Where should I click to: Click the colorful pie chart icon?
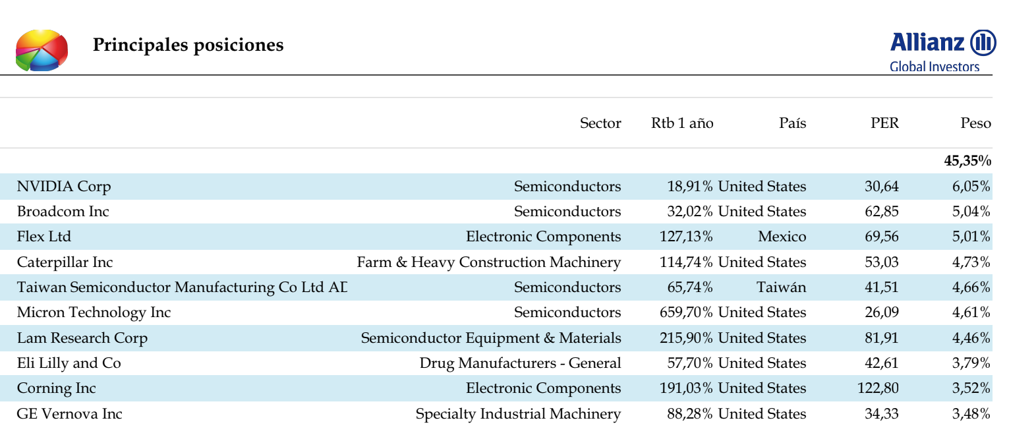[x=42, y=50]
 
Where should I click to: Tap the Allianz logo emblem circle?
[x=983, y=43]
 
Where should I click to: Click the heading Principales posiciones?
[x=188, y=45]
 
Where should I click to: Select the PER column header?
[x=884, y=123]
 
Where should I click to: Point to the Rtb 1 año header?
[x=682, y=123]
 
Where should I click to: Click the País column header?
[x=792, y=123]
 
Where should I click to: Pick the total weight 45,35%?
[x=967, y=161]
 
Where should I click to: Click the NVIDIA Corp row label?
[x=63, y=187]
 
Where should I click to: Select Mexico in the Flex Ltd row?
[x=782, y=237]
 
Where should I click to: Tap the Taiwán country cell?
[x=781, y=287]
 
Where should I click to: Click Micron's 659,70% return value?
[x=686, y=312]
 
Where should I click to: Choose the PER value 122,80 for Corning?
[x=878, y=388]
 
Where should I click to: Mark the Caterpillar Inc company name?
[x=65, y=262]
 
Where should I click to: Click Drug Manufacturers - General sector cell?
[x=520, y=363]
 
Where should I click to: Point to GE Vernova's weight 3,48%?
[x=971, y=413]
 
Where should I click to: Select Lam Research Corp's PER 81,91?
[x=882, y=338]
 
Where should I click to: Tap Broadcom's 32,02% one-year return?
[x=689, y=211]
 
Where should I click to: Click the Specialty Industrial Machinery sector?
[x=518, y=414]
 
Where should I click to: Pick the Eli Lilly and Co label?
[x=69, y=363]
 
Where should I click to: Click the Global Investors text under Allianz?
[x=935, y=67]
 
